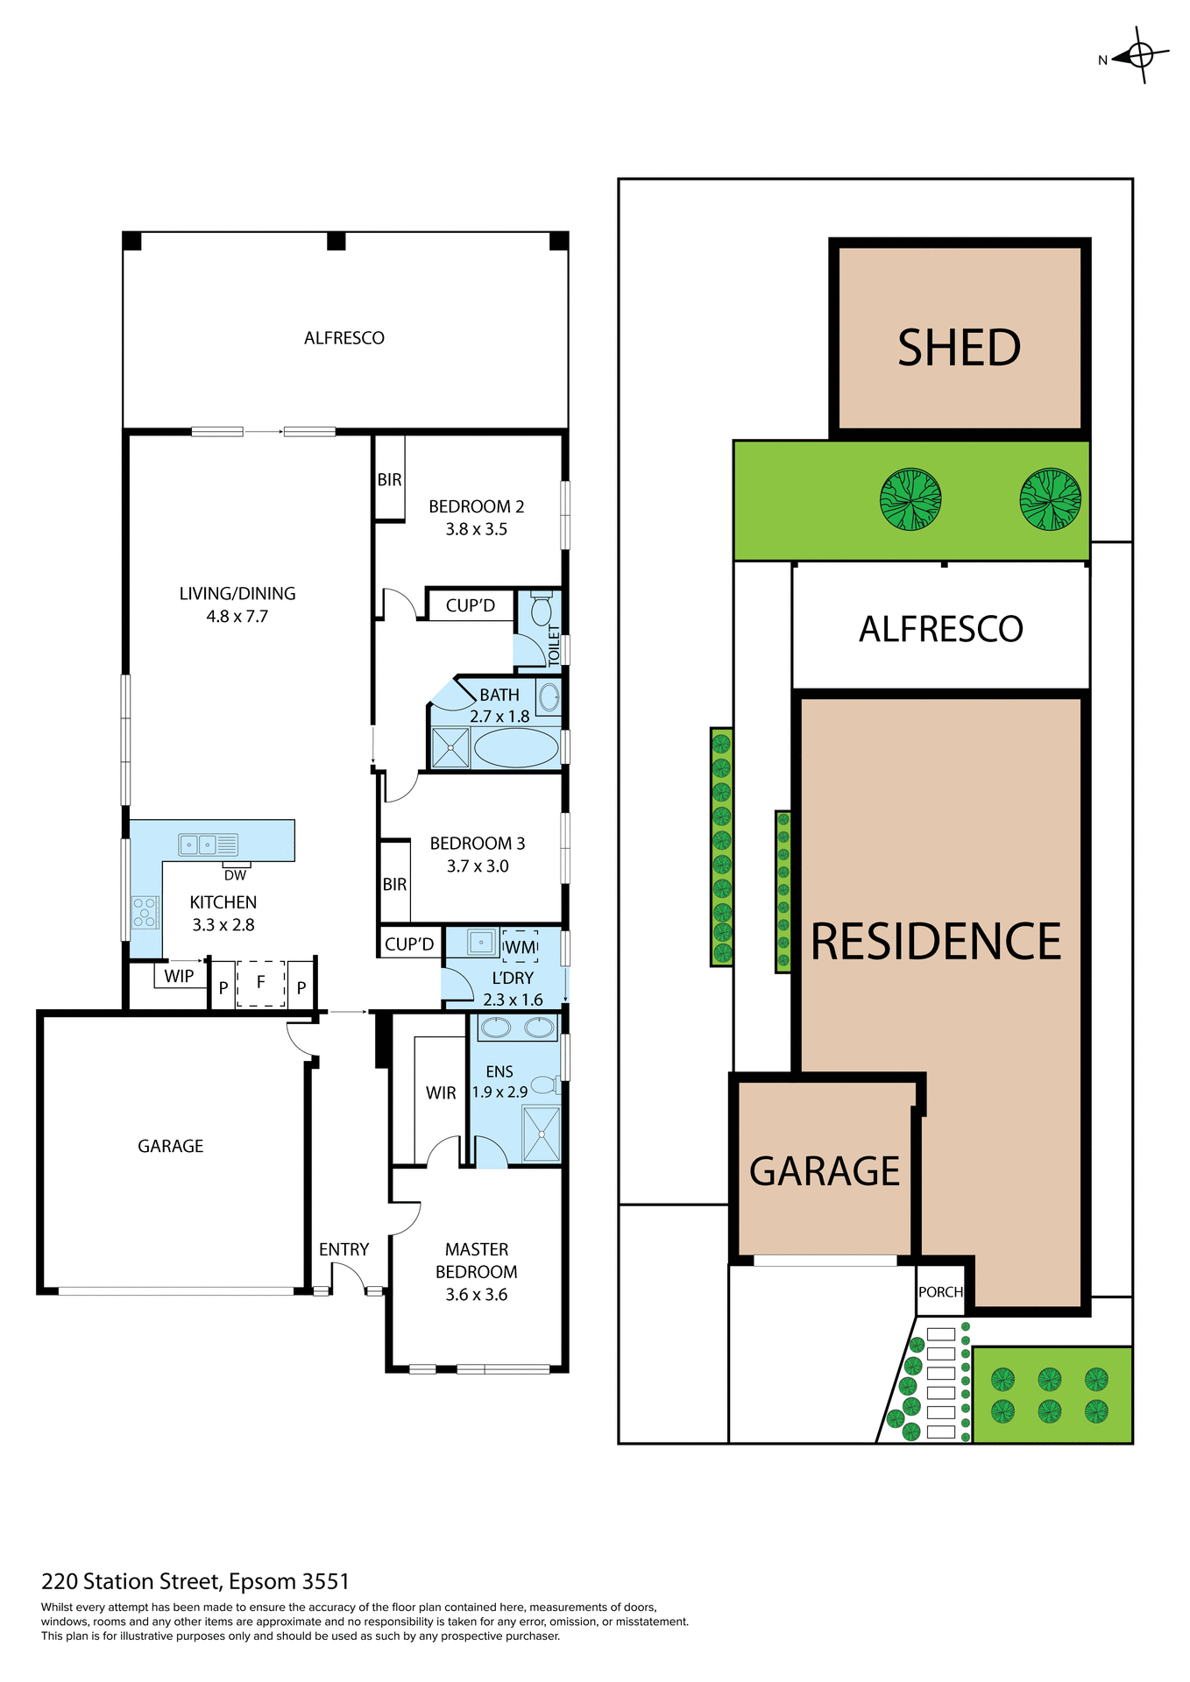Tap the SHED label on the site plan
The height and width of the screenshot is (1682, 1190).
coord(959,348)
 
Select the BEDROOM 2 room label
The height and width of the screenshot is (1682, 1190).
coord(476,506)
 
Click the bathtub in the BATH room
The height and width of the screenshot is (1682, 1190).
coord(516,748)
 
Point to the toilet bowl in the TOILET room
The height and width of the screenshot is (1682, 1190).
coord(541,606)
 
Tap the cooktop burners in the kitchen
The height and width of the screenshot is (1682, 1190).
coord(145,913)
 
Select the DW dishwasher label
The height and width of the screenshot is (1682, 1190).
coord(235,875)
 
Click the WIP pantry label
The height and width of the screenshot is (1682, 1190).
coord(179,976)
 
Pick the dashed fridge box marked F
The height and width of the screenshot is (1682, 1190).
coord(260,983)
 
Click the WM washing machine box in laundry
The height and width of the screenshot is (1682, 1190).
coord(520,946)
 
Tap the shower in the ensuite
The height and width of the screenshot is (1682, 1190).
coord(541,1134)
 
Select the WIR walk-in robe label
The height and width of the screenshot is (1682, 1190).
coord(441,1093)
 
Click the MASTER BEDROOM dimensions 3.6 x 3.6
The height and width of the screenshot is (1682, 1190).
coord(476,1295)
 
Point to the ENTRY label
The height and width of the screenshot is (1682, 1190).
coord(344,1249)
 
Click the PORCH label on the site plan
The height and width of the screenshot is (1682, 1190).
coord(940,1292)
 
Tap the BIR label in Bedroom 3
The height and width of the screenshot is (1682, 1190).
coord(394,885)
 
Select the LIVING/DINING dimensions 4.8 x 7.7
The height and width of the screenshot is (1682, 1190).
coord(237,617)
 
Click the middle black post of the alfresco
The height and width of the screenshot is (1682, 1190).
coord(336,241)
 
